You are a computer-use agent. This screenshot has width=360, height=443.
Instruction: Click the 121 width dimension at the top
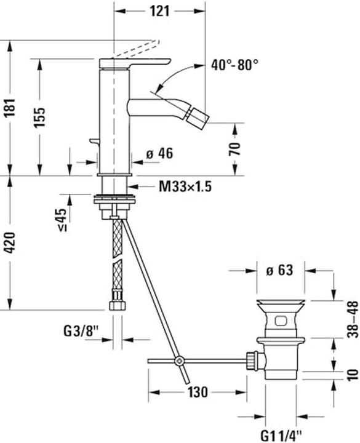click(159, 11)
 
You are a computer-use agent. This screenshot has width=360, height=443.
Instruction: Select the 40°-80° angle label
click(234, 63)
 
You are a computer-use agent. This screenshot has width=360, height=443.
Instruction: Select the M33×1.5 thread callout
click(184, 186)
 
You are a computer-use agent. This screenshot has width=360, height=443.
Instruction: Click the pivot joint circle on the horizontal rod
click(178, 361)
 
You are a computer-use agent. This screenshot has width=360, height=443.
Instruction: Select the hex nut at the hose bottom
click(116, 306)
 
